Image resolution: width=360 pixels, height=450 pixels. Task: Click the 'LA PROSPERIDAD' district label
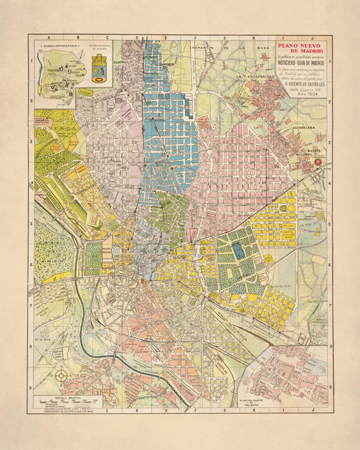point(253,76)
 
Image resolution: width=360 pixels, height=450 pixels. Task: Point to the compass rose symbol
point(61,374)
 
